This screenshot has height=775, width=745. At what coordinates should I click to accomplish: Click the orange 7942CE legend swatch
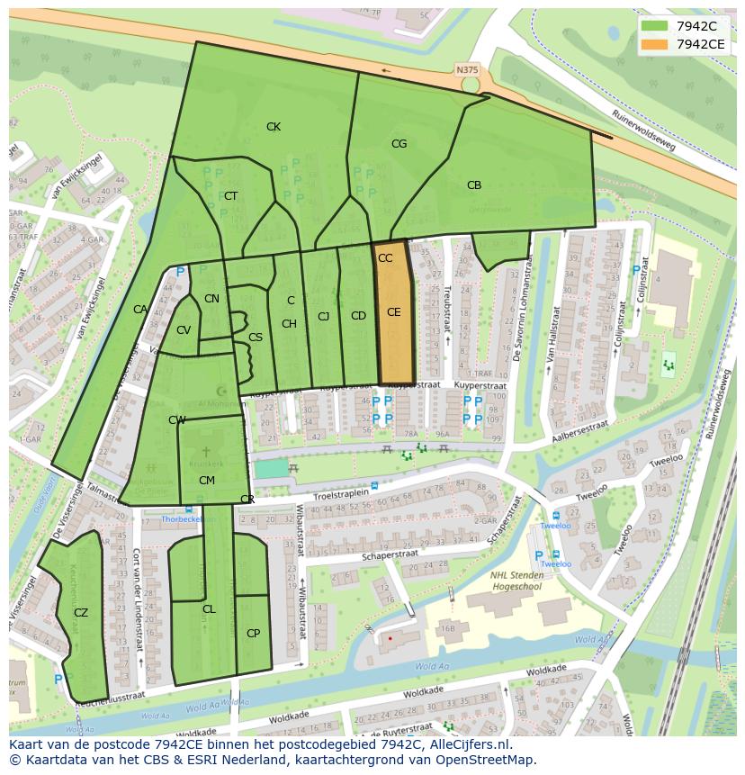(x=655, y=44)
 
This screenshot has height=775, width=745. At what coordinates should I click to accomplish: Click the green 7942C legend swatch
(x=655, y=26)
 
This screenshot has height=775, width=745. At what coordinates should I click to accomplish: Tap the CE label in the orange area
(x=393, y=312)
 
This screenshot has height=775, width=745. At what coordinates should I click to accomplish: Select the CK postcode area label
(x=274, y=127)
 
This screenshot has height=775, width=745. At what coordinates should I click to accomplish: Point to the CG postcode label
(x=399, y=144)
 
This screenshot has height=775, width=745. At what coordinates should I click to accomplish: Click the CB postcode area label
(x=474, y=185)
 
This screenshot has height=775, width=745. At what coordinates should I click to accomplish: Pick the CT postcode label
(x=231, y=196)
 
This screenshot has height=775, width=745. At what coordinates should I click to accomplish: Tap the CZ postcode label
(x=81, y=613)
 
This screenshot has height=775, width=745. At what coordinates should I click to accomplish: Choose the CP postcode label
(x=253, y=634)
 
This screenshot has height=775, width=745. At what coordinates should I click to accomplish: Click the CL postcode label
(x=209, y=609)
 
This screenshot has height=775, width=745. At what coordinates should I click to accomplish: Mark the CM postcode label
(x=206, y=481)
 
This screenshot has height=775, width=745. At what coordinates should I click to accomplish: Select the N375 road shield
(x=467, y=69)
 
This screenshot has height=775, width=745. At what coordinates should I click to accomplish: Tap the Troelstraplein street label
(x=342, y=496)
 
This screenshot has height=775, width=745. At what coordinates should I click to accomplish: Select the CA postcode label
(x=140, y=310)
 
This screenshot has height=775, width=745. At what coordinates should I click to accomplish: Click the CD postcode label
(x=358, y=316)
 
